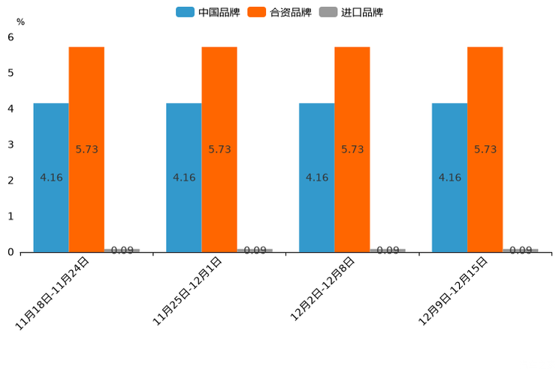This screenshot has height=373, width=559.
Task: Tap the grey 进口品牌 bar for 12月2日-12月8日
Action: click(388, 250)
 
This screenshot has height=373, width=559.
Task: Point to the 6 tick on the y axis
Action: click(11, 37)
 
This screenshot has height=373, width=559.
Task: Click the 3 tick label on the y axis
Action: click(11, 144)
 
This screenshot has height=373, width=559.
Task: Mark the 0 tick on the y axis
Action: click(11, 252)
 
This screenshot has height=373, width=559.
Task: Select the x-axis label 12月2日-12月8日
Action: click(322, 290)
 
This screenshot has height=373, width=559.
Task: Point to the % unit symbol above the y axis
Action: click(20, 23)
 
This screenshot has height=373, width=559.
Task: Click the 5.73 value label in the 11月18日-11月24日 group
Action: click(87, 150)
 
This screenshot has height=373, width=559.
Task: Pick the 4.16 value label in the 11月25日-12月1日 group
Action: click(184, 178)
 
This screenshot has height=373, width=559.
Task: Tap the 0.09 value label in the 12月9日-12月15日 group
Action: click(521, 250)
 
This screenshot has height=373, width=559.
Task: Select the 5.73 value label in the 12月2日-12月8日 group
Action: click(352, 150)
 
